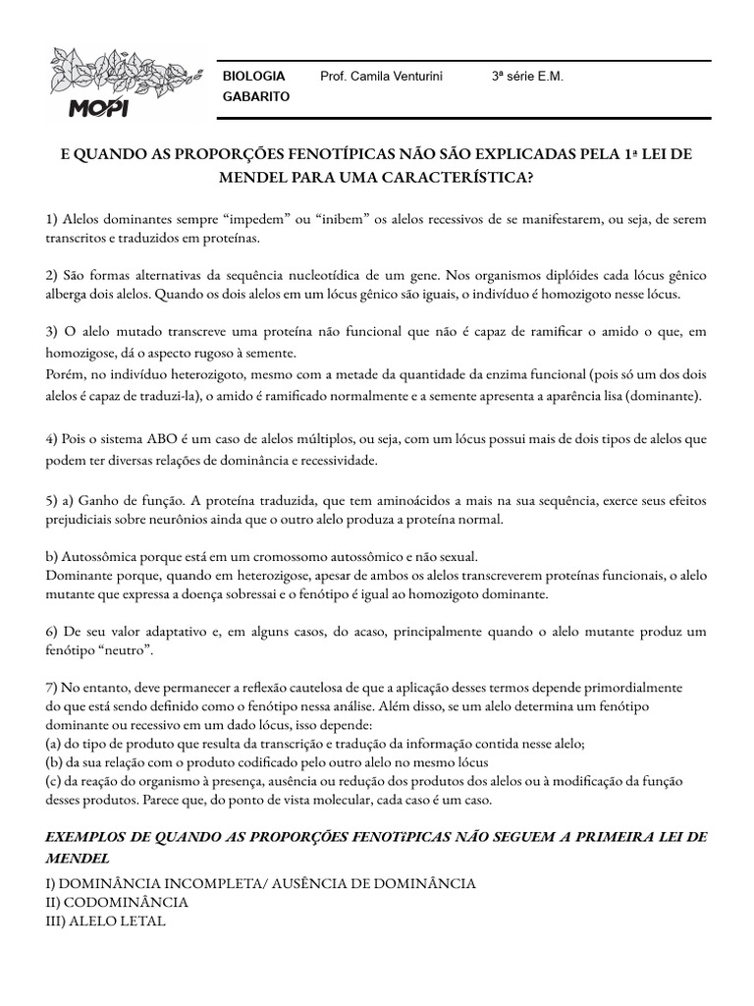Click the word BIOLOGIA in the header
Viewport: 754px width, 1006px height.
coord(254,76)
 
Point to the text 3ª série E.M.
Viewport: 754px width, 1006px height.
coord(527,76)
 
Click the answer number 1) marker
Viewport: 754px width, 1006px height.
coord(53,218)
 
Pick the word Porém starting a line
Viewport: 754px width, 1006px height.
coord(66,373)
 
